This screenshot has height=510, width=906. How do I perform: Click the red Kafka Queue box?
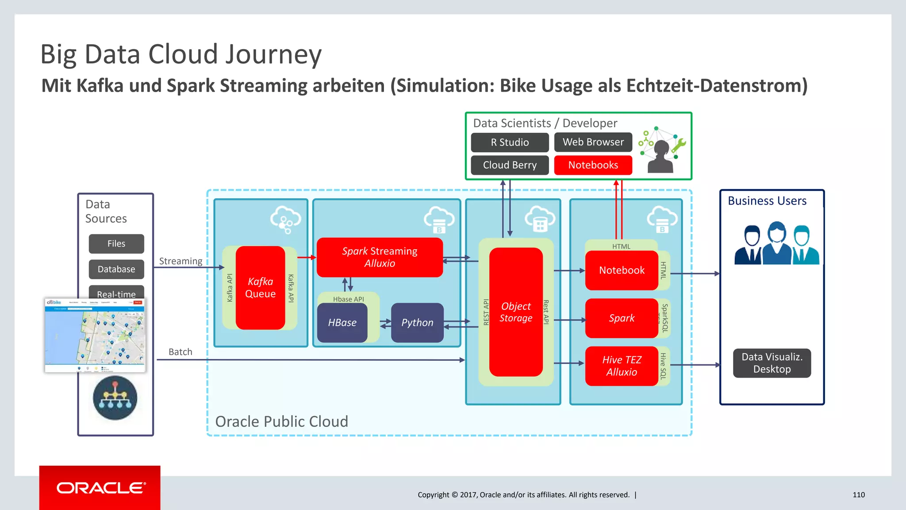click(260, 288)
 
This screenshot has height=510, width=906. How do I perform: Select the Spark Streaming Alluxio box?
click(380, 257)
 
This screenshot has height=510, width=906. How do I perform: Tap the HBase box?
click(342, 322)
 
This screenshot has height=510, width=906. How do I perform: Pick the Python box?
click(417, 322)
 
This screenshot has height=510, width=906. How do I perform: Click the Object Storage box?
click(516, 312)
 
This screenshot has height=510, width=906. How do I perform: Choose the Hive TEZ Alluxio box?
click(622, 366)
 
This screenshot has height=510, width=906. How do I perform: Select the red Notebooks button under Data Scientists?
click(593, 165)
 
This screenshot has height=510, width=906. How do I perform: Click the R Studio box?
click(510, 142)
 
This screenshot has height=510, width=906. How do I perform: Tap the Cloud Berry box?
click(510, 165)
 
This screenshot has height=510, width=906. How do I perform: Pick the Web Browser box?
click(593, 142)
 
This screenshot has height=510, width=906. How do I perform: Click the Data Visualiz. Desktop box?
click(772, 363)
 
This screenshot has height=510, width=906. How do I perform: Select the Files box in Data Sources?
click(116, 243)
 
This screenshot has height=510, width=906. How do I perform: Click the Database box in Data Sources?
click(116, 269)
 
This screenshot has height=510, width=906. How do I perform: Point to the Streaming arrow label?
click(180, 261)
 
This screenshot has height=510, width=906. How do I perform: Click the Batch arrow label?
click(180, 352)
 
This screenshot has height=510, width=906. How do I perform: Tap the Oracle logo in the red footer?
click(101, 488)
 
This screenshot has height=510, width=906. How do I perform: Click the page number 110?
click(858, 495)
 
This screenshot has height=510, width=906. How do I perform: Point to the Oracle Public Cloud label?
click(281, 421)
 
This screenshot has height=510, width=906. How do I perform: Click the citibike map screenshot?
click(95, 335)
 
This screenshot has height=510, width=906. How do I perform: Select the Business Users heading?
click(767, 201)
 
